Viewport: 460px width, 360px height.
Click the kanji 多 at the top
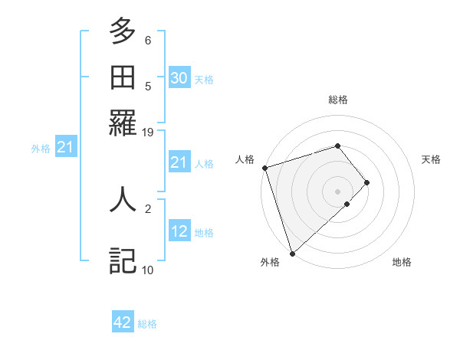pyautogui.click(x=123, y=31)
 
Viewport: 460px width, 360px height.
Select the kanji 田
pyautogui.click(x=123, y=77)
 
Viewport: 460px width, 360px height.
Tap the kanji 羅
pyautogui.click(x=123, y=122)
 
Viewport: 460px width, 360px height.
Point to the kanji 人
pyautogui.click(x=123, y=199)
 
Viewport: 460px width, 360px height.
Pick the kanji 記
pyautogui.click(x=123, y=260)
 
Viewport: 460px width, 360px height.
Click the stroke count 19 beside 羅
pyautogui.click(x=148, y=132)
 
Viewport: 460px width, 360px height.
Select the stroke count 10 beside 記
pyautogui.click(x=148, y=270)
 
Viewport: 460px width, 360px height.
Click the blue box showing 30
pyautogui.click(x=179, y=77)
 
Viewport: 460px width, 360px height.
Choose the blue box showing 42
pyautogui.click(x=123, y=322)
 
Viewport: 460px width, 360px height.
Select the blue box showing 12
pyautogui.click(x=179, y=231)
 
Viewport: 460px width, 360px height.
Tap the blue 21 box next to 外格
pyautogui.click(x=64, y=147)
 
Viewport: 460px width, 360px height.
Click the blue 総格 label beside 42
pyautogui.click(x=147, y=324)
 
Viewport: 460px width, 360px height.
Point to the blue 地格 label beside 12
pyautogui.click(x=204, y=233)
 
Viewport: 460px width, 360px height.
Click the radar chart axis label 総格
pyautogui.click(x=337, y=100)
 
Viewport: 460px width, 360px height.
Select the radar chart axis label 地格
pyautogui.click(x=402, y=262)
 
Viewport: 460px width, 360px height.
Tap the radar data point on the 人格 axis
pyautogui.click(x=264, y=168)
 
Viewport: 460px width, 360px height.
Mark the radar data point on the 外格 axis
pyautogui.click(x=292, y=253)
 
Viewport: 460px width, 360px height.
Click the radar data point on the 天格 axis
pyautogui.click(x=367, y=182)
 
